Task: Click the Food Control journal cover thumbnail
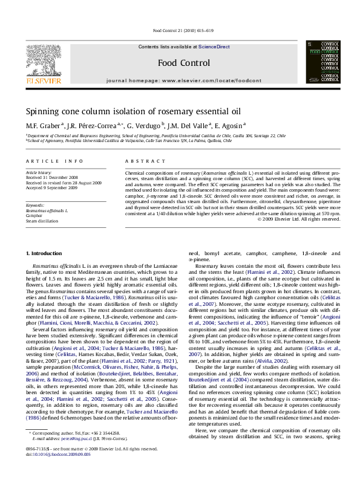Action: [322, 62]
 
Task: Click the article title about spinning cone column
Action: [124, 111]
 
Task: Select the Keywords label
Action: [35, 205]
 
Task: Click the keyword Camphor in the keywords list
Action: [34, 215]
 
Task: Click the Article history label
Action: [38, 173]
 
